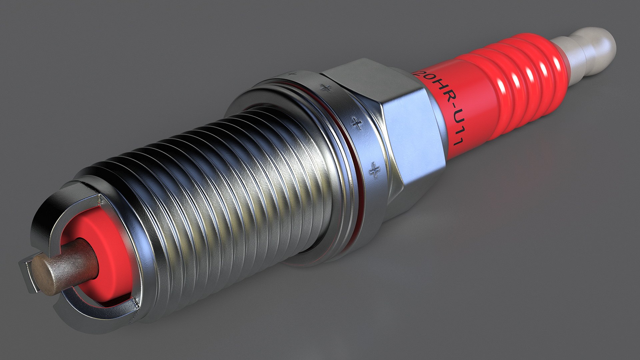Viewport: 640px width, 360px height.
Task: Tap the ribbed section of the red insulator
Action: (520, 77)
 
